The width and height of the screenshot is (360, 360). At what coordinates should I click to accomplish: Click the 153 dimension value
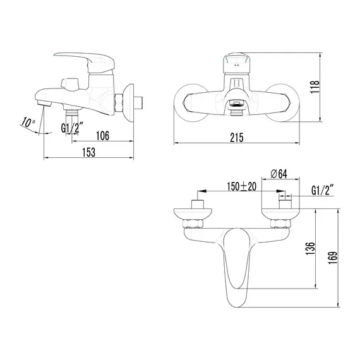[90, 152]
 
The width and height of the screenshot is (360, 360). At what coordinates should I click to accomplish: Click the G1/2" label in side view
[72, 129]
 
